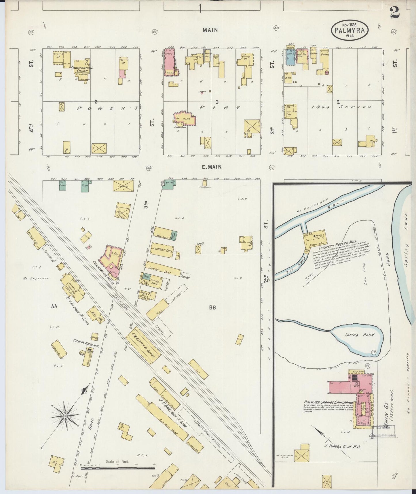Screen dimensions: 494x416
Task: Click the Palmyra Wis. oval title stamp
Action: [x=350, y=29]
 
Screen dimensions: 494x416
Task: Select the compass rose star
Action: [x=65, y=416]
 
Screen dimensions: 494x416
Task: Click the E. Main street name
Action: [x=212, y=167]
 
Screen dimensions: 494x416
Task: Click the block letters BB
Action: [x=212, y=308]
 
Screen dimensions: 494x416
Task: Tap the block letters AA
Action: [x=54, y=307]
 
